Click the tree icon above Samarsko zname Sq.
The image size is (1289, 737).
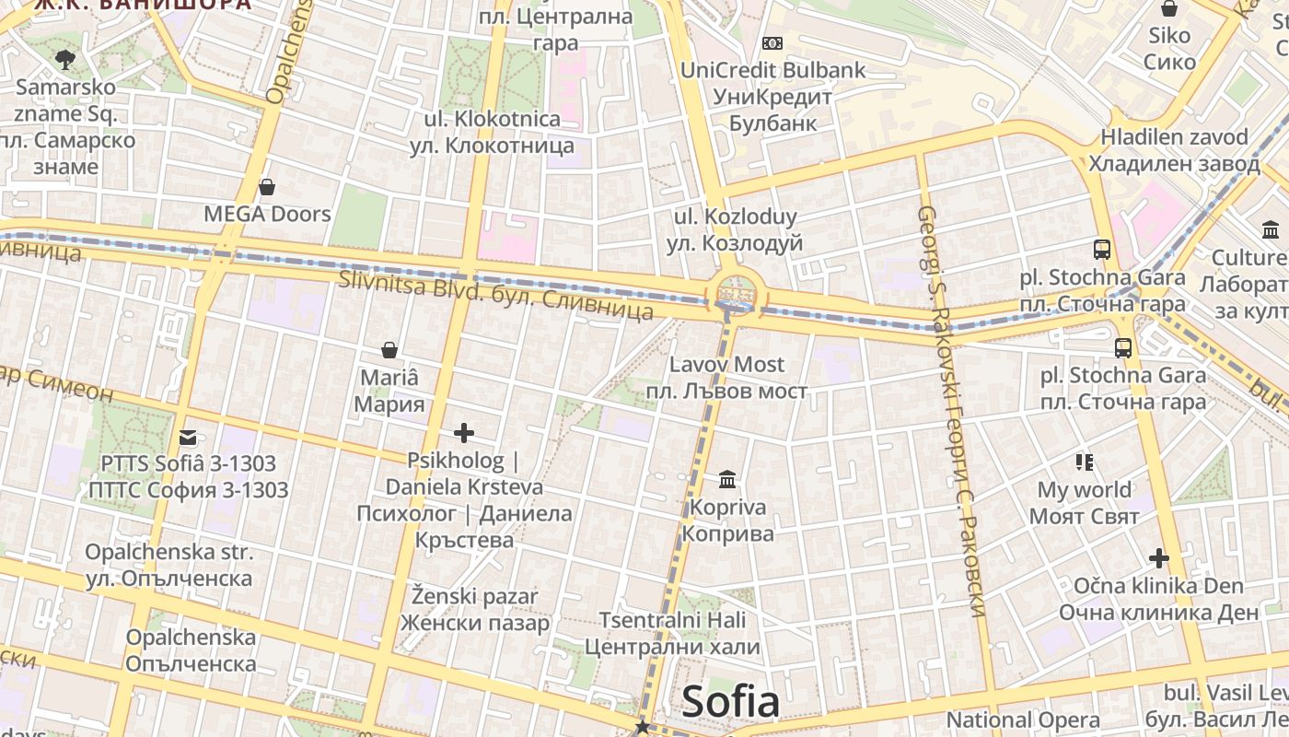[64, 61]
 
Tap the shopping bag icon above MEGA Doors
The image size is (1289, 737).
[267, 188]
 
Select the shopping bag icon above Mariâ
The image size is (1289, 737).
[389, 350]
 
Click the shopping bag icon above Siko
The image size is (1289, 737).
[1169, 9]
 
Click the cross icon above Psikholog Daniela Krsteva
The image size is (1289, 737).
[464, 433]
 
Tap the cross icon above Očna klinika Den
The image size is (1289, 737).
[1158, 558]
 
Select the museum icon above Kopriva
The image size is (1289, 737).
[727, 480]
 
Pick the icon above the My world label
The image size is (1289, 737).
[1084, 462]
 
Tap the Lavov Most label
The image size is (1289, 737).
[726, 365]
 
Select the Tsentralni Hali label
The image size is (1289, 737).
[672, 620]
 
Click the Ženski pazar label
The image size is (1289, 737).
[474, 596]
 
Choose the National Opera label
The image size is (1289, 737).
[1023, 719]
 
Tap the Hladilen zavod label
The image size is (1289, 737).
[1174, 137]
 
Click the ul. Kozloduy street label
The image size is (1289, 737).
[736, 217]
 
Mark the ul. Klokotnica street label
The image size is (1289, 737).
[492, 119]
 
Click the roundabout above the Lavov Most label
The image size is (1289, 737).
[736, 294]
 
